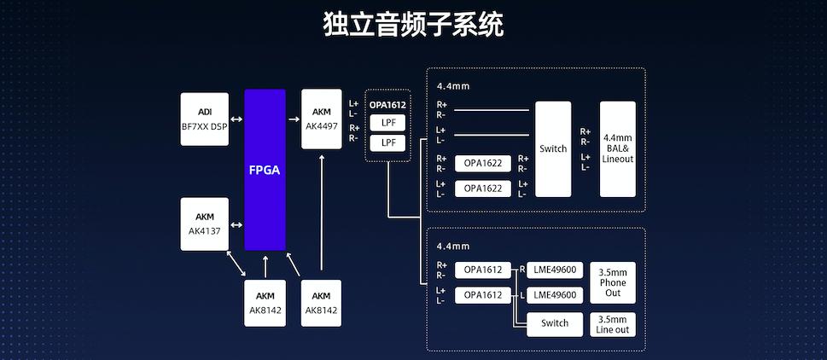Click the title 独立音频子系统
click(x=413, y=24)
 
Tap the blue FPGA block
click(x=265, y=170)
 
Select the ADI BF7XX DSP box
click(x=205, y=119)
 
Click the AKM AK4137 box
click(x=205, y=224)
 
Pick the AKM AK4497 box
click(x=322, y=119)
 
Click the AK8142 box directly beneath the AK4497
click(x=321, y=303)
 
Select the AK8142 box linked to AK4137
click(x=265, y=303)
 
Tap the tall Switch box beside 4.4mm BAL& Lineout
click(x=553, y=149)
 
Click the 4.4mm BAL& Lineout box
click(x=617, y=149)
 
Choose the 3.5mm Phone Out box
click(x=613, y=282)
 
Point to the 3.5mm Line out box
click(x=613, y=324)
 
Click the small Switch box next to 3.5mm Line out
click(x=554, y=324)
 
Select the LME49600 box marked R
click(x=554, y=270)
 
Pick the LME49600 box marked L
click(x=554, y=295)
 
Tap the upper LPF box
click(x=388, y=123)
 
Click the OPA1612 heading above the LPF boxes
click(x=388, y=105)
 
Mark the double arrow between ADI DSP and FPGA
click(x=236, y=119)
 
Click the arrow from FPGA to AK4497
click(x=293, y=119)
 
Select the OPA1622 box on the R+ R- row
click(x=482, y=163)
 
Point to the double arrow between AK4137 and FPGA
click(x=236, y=224)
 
